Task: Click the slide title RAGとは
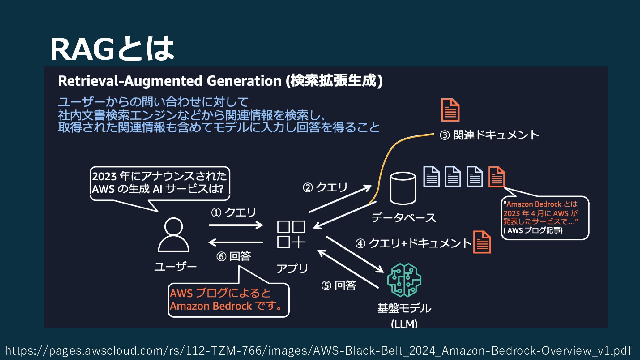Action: (112, 49)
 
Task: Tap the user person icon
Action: (173, 235)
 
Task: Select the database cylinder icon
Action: (403, 188)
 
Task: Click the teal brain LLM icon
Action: (404, 280)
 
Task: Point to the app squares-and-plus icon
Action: (291, 235)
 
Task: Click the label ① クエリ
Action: (233, 212)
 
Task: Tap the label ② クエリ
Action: (325, 187)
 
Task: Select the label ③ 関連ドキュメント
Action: (489, 135)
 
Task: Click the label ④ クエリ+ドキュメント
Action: (413, 243)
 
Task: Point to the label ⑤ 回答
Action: (339, 285)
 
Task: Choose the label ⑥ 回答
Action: (233, 256)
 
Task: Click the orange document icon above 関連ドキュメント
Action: (450, 110)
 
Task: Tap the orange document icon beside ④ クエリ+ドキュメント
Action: (482, 242)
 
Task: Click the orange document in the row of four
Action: (497, 177)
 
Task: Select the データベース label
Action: (404, 218)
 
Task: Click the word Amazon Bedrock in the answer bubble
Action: (211, 306)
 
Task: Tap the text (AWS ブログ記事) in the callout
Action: (533, 230)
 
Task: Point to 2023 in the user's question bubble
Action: (104, 176)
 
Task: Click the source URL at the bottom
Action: (318, 350)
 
